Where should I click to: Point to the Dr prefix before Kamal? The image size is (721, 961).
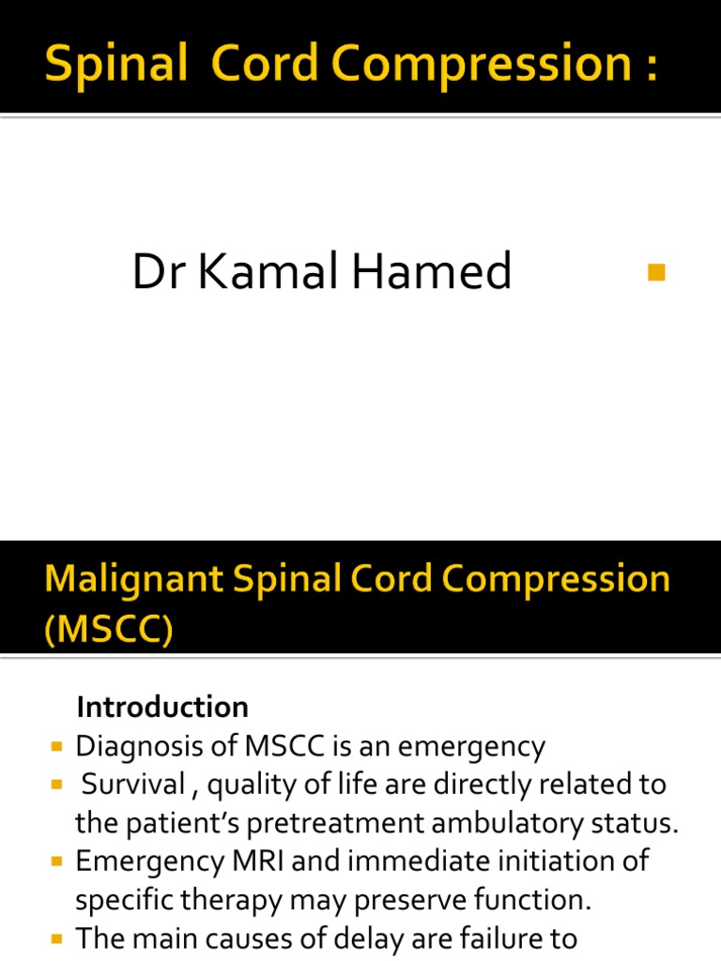154,272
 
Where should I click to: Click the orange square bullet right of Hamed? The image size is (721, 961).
655,273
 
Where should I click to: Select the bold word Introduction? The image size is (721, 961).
162,706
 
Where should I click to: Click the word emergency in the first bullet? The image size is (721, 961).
472,747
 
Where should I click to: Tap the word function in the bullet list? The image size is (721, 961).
535,899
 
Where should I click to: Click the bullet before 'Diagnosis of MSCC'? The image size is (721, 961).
58,747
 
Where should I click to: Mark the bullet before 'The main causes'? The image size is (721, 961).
58,938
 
